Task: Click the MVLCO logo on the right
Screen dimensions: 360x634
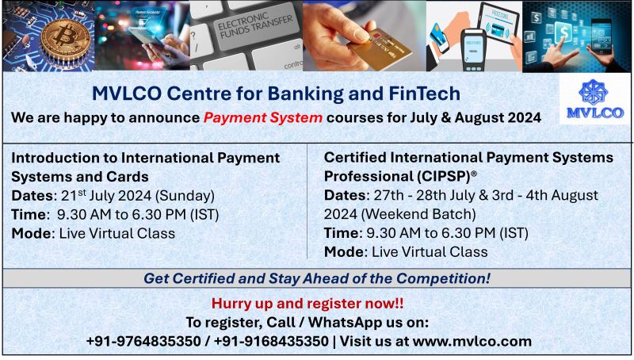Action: pos(594,99)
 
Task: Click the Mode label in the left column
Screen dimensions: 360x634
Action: pos(32,233)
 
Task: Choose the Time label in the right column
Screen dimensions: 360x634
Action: pos(342,233)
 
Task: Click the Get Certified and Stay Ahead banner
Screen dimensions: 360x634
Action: pos(316,278)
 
